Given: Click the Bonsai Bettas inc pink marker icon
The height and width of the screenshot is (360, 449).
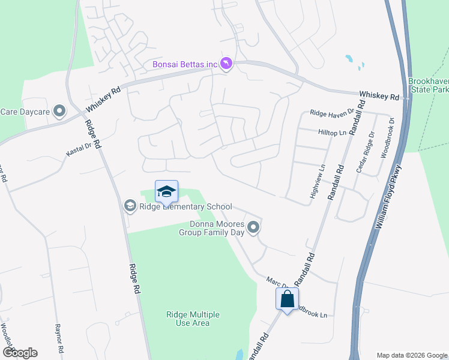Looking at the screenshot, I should (x=226, y=64).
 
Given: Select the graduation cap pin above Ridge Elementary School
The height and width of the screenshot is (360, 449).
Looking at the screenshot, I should (x=166, y=191).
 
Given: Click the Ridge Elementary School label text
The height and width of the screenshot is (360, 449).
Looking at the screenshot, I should (x=177, y=207).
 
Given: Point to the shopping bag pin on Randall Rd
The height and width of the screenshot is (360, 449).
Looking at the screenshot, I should (x=288, y=298).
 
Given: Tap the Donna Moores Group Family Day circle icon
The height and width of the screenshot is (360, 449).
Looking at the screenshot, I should (x=253, y=227).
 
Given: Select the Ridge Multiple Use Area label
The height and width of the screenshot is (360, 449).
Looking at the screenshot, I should (x=193, y=319).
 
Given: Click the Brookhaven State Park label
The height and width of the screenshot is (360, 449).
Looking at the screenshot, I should (x=428, y=85).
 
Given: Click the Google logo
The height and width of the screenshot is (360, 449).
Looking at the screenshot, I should (x=20, y=353).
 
